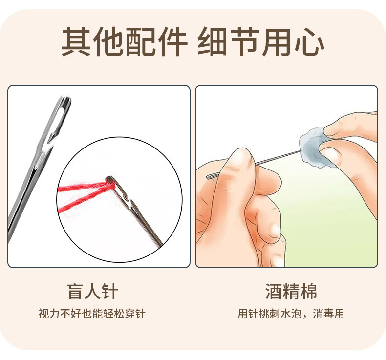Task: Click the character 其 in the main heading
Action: (76, 42)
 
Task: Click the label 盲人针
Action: (92, 292)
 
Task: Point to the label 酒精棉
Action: (291, 292)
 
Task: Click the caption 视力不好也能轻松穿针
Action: (92, 314)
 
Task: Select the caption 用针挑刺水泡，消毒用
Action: (291, 314)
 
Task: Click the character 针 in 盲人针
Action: (110, 292)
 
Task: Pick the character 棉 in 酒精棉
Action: (308, 292)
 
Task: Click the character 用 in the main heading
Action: (280, 42)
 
